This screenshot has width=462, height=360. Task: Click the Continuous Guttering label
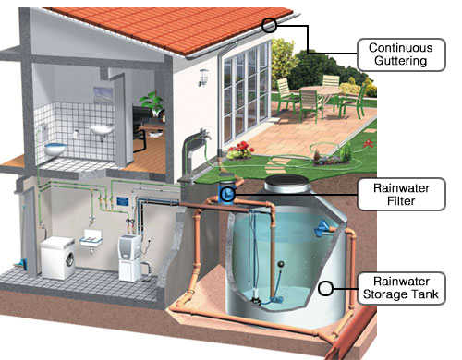(400, 54)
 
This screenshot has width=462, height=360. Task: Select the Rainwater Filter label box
(401, 195)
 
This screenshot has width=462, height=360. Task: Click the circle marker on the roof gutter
(269, 25)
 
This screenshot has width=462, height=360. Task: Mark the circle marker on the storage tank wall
(324, 288)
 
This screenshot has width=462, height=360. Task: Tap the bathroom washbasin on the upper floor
(102, 130)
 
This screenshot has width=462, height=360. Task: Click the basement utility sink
(90, 239)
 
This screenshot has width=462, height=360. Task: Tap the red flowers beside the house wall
(242, 150)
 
